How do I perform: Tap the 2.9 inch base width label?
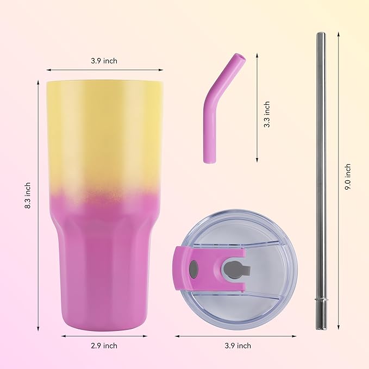(103, 346)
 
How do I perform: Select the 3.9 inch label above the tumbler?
(104, 61)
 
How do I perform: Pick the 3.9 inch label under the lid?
(237, 346)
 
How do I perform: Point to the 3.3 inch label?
(266, 114)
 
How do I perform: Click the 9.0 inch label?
(348, 176)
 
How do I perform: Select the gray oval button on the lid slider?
(193, 268)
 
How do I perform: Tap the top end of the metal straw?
(321, 34)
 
